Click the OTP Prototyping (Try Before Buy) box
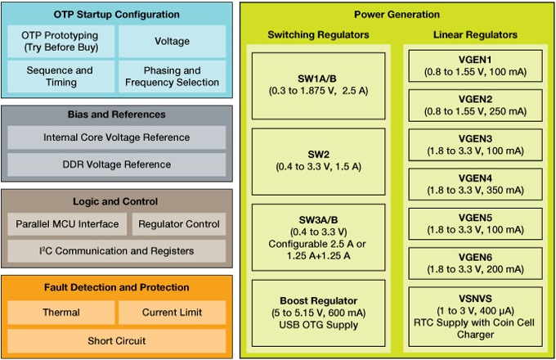point(60,41)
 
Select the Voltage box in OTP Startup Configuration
point(172,41)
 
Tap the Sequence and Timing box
point(60,76)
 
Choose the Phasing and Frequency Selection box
point(172,76)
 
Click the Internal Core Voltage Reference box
point(116,137)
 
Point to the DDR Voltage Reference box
point(116,164)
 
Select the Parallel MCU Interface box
point(67,224)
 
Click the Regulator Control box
point(179,224)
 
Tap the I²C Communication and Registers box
point(116,251)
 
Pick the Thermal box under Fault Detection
point(60,312)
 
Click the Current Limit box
point(172,312)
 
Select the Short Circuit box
point(116,340)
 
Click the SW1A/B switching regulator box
point(318,83)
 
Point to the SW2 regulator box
point(318,159)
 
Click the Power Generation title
point(396,15)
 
